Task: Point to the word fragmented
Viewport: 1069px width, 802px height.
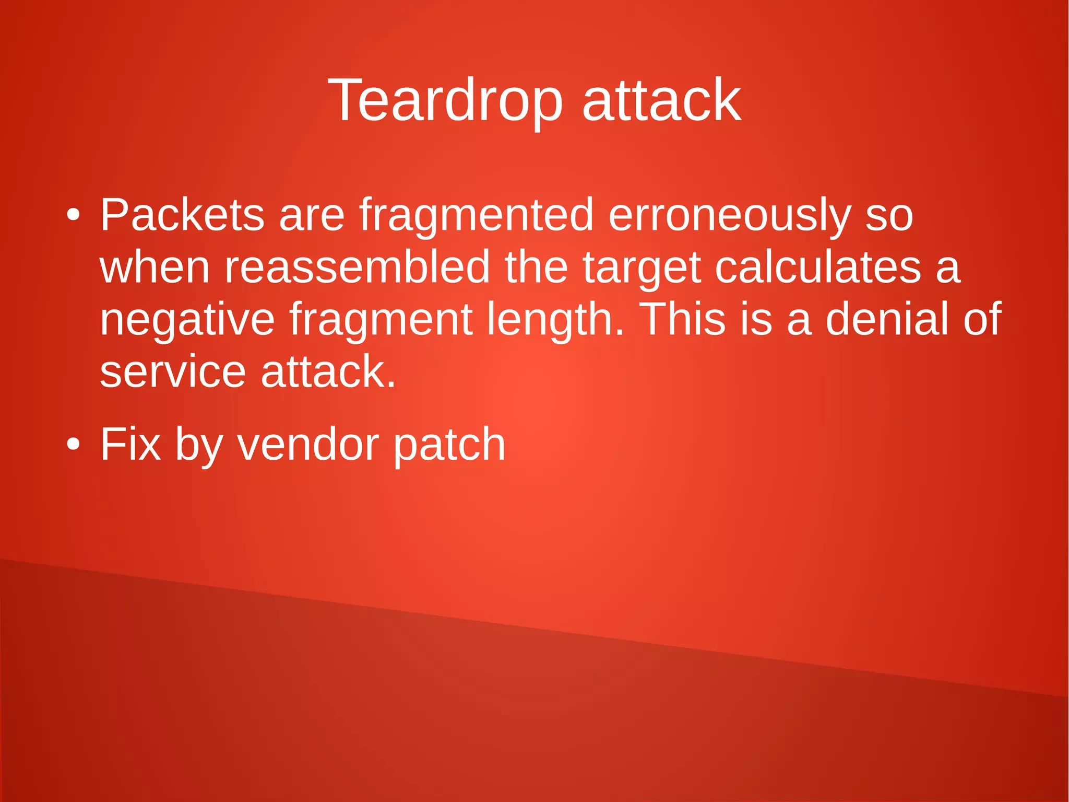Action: pos(477,215)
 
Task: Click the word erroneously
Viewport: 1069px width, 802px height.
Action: pos(730,215)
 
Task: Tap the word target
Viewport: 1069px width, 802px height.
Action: pos(642,268)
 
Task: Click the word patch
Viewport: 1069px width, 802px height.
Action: pos(449,445)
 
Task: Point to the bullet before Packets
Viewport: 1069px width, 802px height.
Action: pos(74,215)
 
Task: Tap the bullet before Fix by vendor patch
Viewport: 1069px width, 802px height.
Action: pos(74,445)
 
